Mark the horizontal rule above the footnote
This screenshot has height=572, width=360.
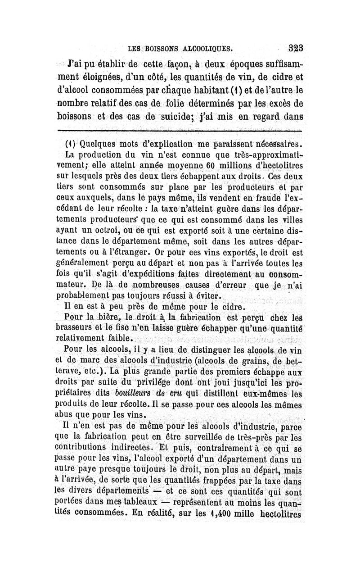coord(180,131)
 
